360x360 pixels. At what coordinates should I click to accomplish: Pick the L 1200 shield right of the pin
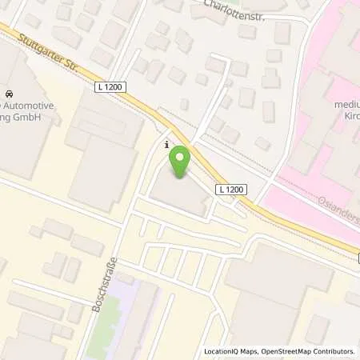click(x=231, y=189)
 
